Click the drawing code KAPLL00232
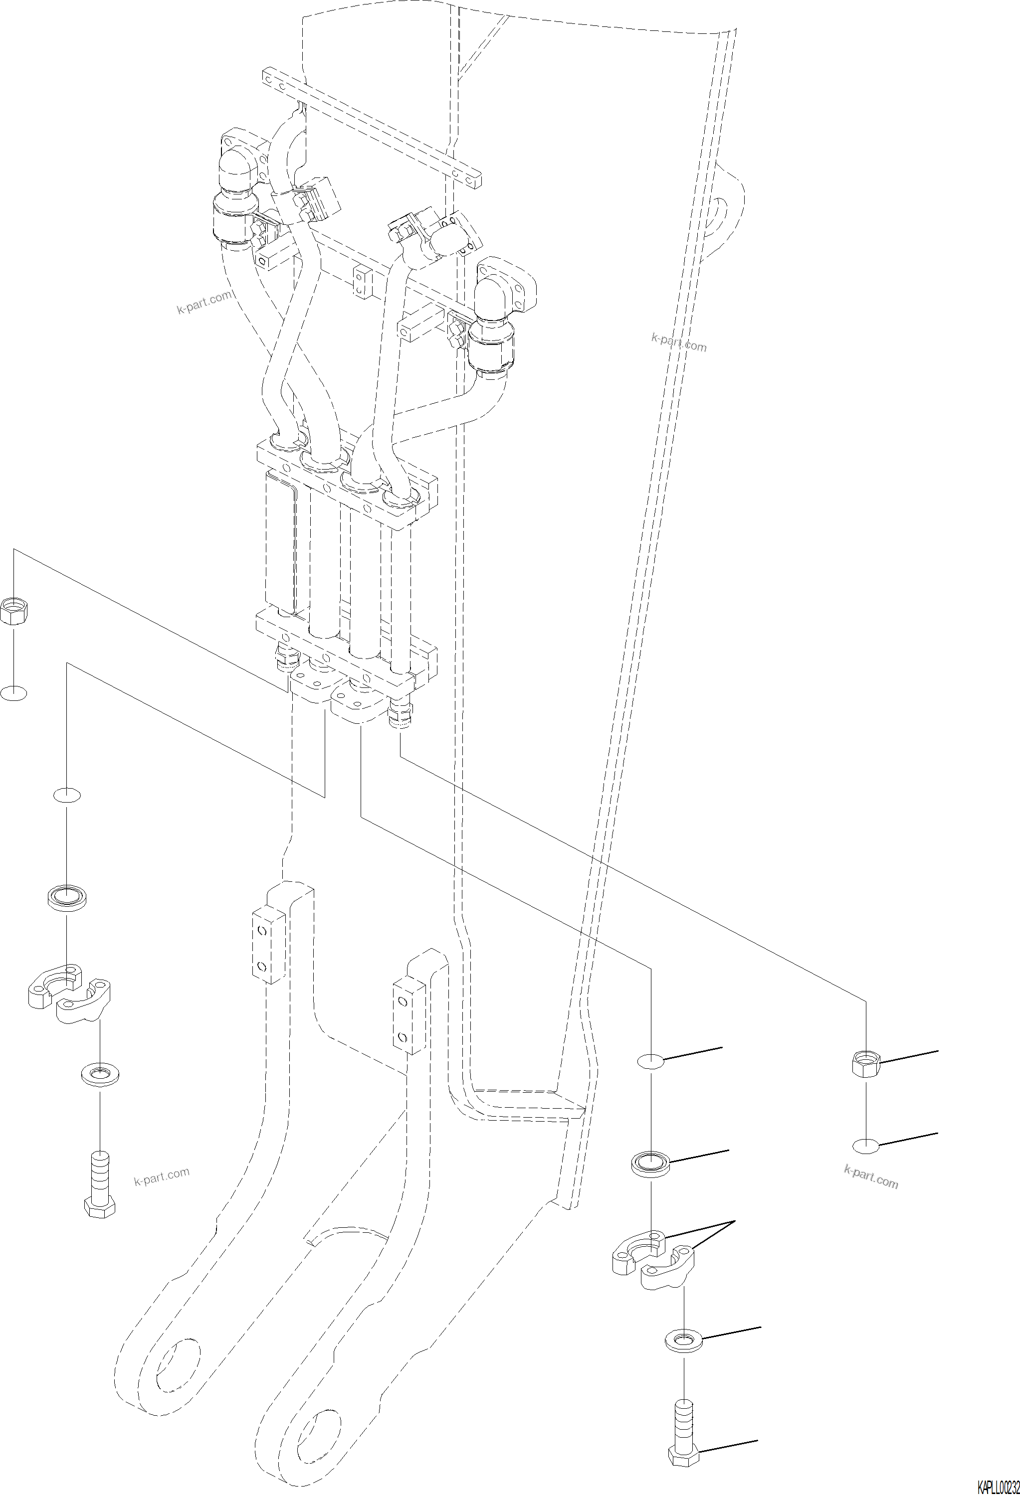[x=998, y=1489]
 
